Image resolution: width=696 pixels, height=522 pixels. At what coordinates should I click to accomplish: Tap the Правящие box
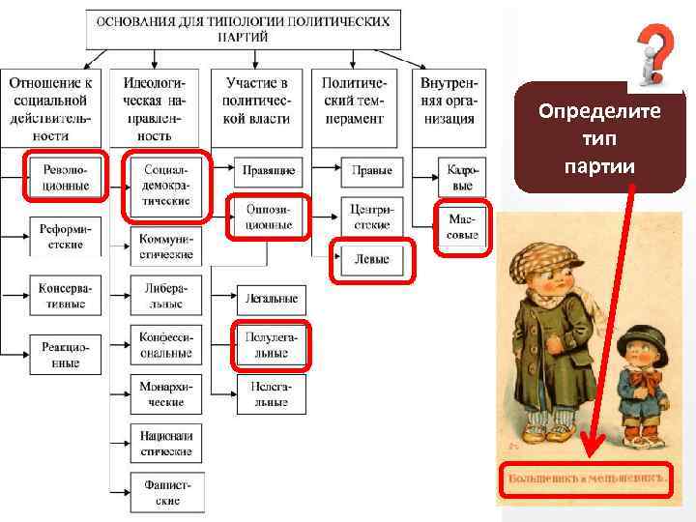(268, 170)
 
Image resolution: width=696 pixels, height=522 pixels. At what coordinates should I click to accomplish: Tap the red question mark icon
(655, 54)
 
